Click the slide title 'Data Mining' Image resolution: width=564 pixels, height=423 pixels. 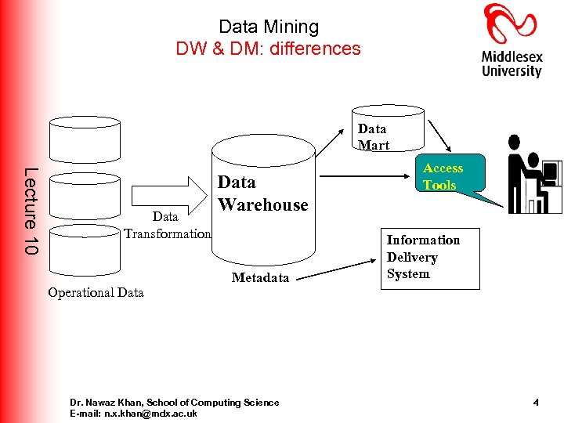tap(269, 27)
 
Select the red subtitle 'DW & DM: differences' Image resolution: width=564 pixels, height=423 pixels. tap(269, 49)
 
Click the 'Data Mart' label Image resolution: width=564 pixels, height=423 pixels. tap(373, 136)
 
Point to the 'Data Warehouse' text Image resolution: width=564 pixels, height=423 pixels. tap(262, 193)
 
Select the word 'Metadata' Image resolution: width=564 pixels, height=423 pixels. tap(260, 277)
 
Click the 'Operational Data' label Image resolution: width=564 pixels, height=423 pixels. tap(96, 292)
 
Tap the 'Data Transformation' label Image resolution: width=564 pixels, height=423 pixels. tap(167, 225)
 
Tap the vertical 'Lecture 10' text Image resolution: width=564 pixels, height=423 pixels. tap(31, 211)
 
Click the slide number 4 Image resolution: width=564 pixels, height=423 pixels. tap(536, 403)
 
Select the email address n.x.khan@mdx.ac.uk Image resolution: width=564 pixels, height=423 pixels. tap(133, 414)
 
